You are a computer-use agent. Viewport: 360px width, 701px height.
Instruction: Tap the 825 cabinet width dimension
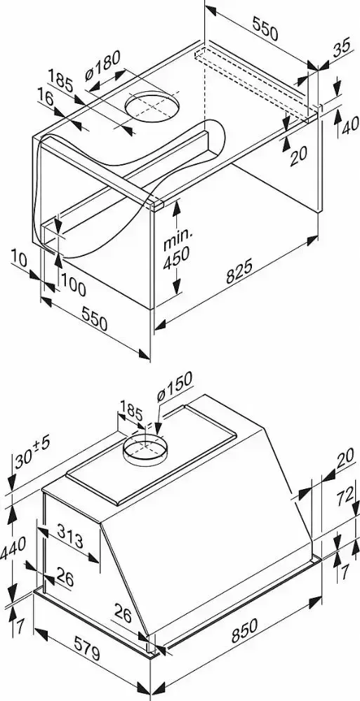[x=239, y=270]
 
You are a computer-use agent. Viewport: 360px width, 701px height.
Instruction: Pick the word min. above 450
[x=178, y=241]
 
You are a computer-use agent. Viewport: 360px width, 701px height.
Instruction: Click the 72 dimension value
[x=346, y=497]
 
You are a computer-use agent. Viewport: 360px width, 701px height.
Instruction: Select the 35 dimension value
[x=342, y=48]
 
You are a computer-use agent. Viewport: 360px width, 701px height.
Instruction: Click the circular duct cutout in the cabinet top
[x=152, y=107]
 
